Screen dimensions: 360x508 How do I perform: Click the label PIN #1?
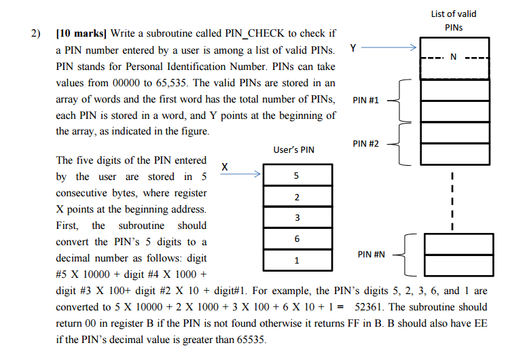[x=367, y=101]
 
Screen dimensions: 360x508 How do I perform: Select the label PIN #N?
[x=371, y=255]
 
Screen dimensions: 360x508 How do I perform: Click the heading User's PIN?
[x=293, y=149]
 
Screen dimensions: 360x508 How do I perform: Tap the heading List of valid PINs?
[x=454, y=20]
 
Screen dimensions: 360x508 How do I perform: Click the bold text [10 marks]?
[x=81, y=33]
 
